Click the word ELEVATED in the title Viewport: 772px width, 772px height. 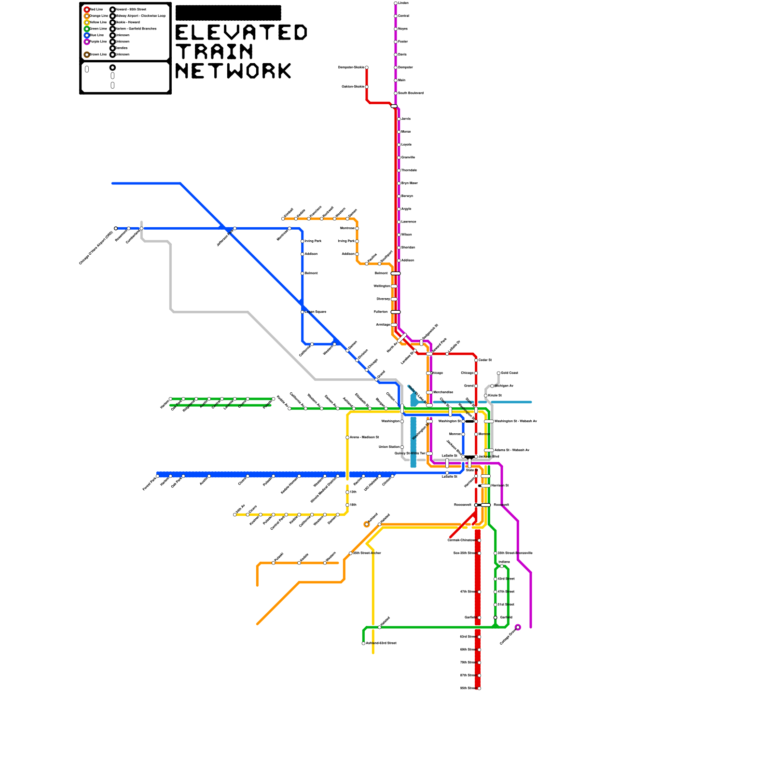(241, 33)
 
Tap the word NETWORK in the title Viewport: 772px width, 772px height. (234, 71)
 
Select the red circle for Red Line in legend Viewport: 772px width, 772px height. (87, 10)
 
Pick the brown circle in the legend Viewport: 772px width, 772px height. (87, 55)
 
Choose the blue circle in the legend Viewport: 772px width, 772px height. (87, 35)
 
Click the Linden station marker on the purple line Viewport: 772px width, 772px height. (396, 3)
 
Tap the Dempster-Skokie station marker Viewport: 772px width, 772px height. (367, 68)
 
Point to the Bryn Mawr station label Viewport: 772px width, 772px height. (410, 183)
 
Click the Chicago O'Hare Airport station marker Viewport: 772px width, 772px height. (116, 228)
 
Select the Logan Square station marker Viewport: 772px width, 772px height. (303, 312)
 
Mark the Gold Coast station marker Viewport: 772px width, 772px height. (498, 373)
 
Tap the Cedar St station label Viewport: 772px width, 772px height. (485, 360)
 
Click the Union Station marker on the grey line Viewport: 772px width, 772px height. (402, 447)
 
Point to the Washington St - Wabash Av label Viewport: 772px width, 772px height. (515, 421)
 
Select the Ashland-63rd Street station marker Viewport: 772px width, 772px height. (363, 643)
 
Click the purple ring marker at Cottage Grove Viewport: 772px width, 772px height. (518, 627)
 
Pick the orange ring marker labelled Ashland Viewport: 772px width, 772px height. (367, 524)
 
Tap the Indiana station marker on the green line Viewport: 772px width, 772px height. (502, 566)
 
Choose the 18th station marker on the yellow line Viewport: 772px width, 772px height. (347, 505)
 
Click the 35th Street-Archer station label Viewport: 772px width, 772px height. (367, 553)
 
